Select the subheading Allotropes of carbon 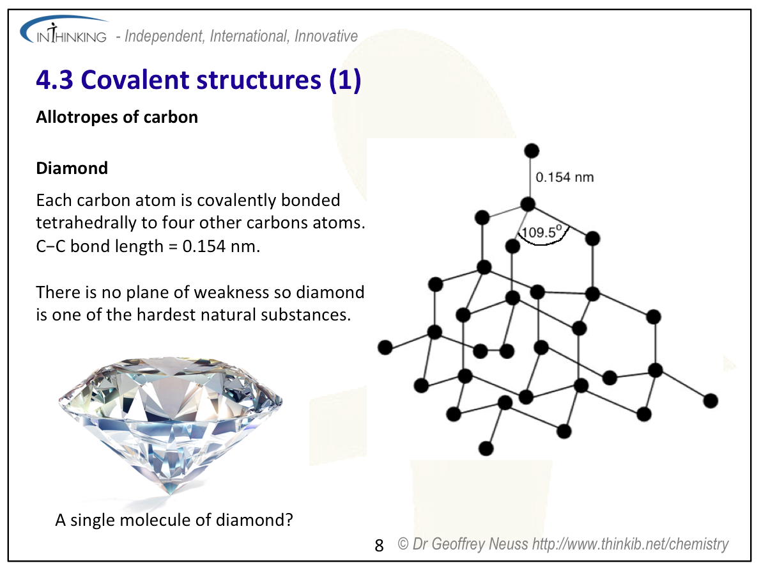(x=117, y=117)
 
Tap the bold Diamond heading (x=72, y=168)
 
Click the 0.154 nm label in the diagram (x=564, y=177)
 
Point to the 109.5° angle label (x=542, y=232)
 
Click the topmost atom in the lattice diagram (x=532, y=150)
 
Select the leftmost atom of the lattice (x=385, y=347)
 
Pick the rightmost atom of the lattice (x=711, y=401)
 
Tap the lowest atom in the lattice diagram (x=486, y=448)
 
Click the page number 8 (x=379, y=545)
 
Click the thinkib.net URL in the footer (x=631, y=544)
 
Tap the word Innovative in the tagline (x=326, y=36)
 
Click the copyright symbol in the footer (x=403, y=544)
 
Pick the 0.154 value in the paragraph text (x=204, y=246)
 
